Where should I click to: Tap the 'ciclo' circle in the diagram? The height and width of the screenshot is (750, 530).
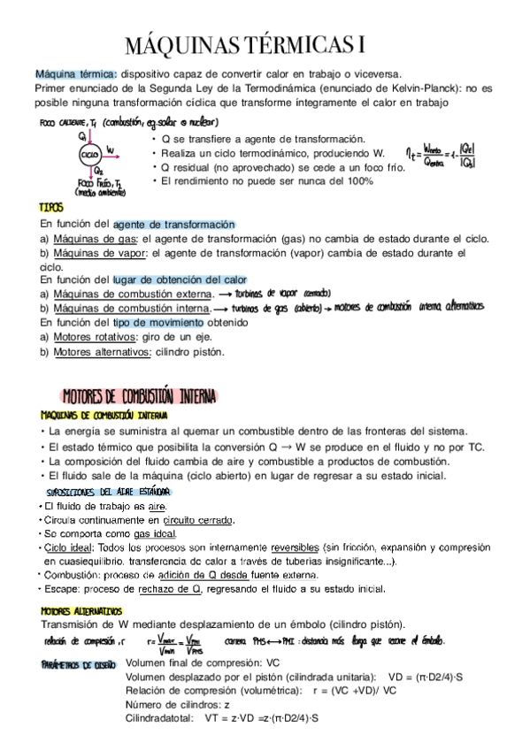point(88,154)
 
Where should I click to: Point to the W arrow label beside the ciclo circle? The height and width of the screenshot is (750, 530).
point(109,149)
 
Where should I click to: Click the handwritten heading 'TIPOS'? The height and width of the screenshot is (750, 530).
point(51,207)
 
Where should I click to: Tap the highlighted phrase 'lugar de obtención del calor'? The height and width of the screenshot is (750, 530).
point(179,279)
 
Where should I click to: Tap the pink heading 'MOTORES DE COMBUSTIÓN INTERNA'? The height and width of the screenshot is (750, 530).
point(137,394)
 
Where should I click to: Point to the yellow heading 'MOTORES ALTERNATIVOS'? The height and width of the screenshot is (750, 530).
point(81,610)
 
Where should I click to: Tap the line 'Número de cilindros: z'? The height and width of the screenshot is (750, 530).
point(178,705)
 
